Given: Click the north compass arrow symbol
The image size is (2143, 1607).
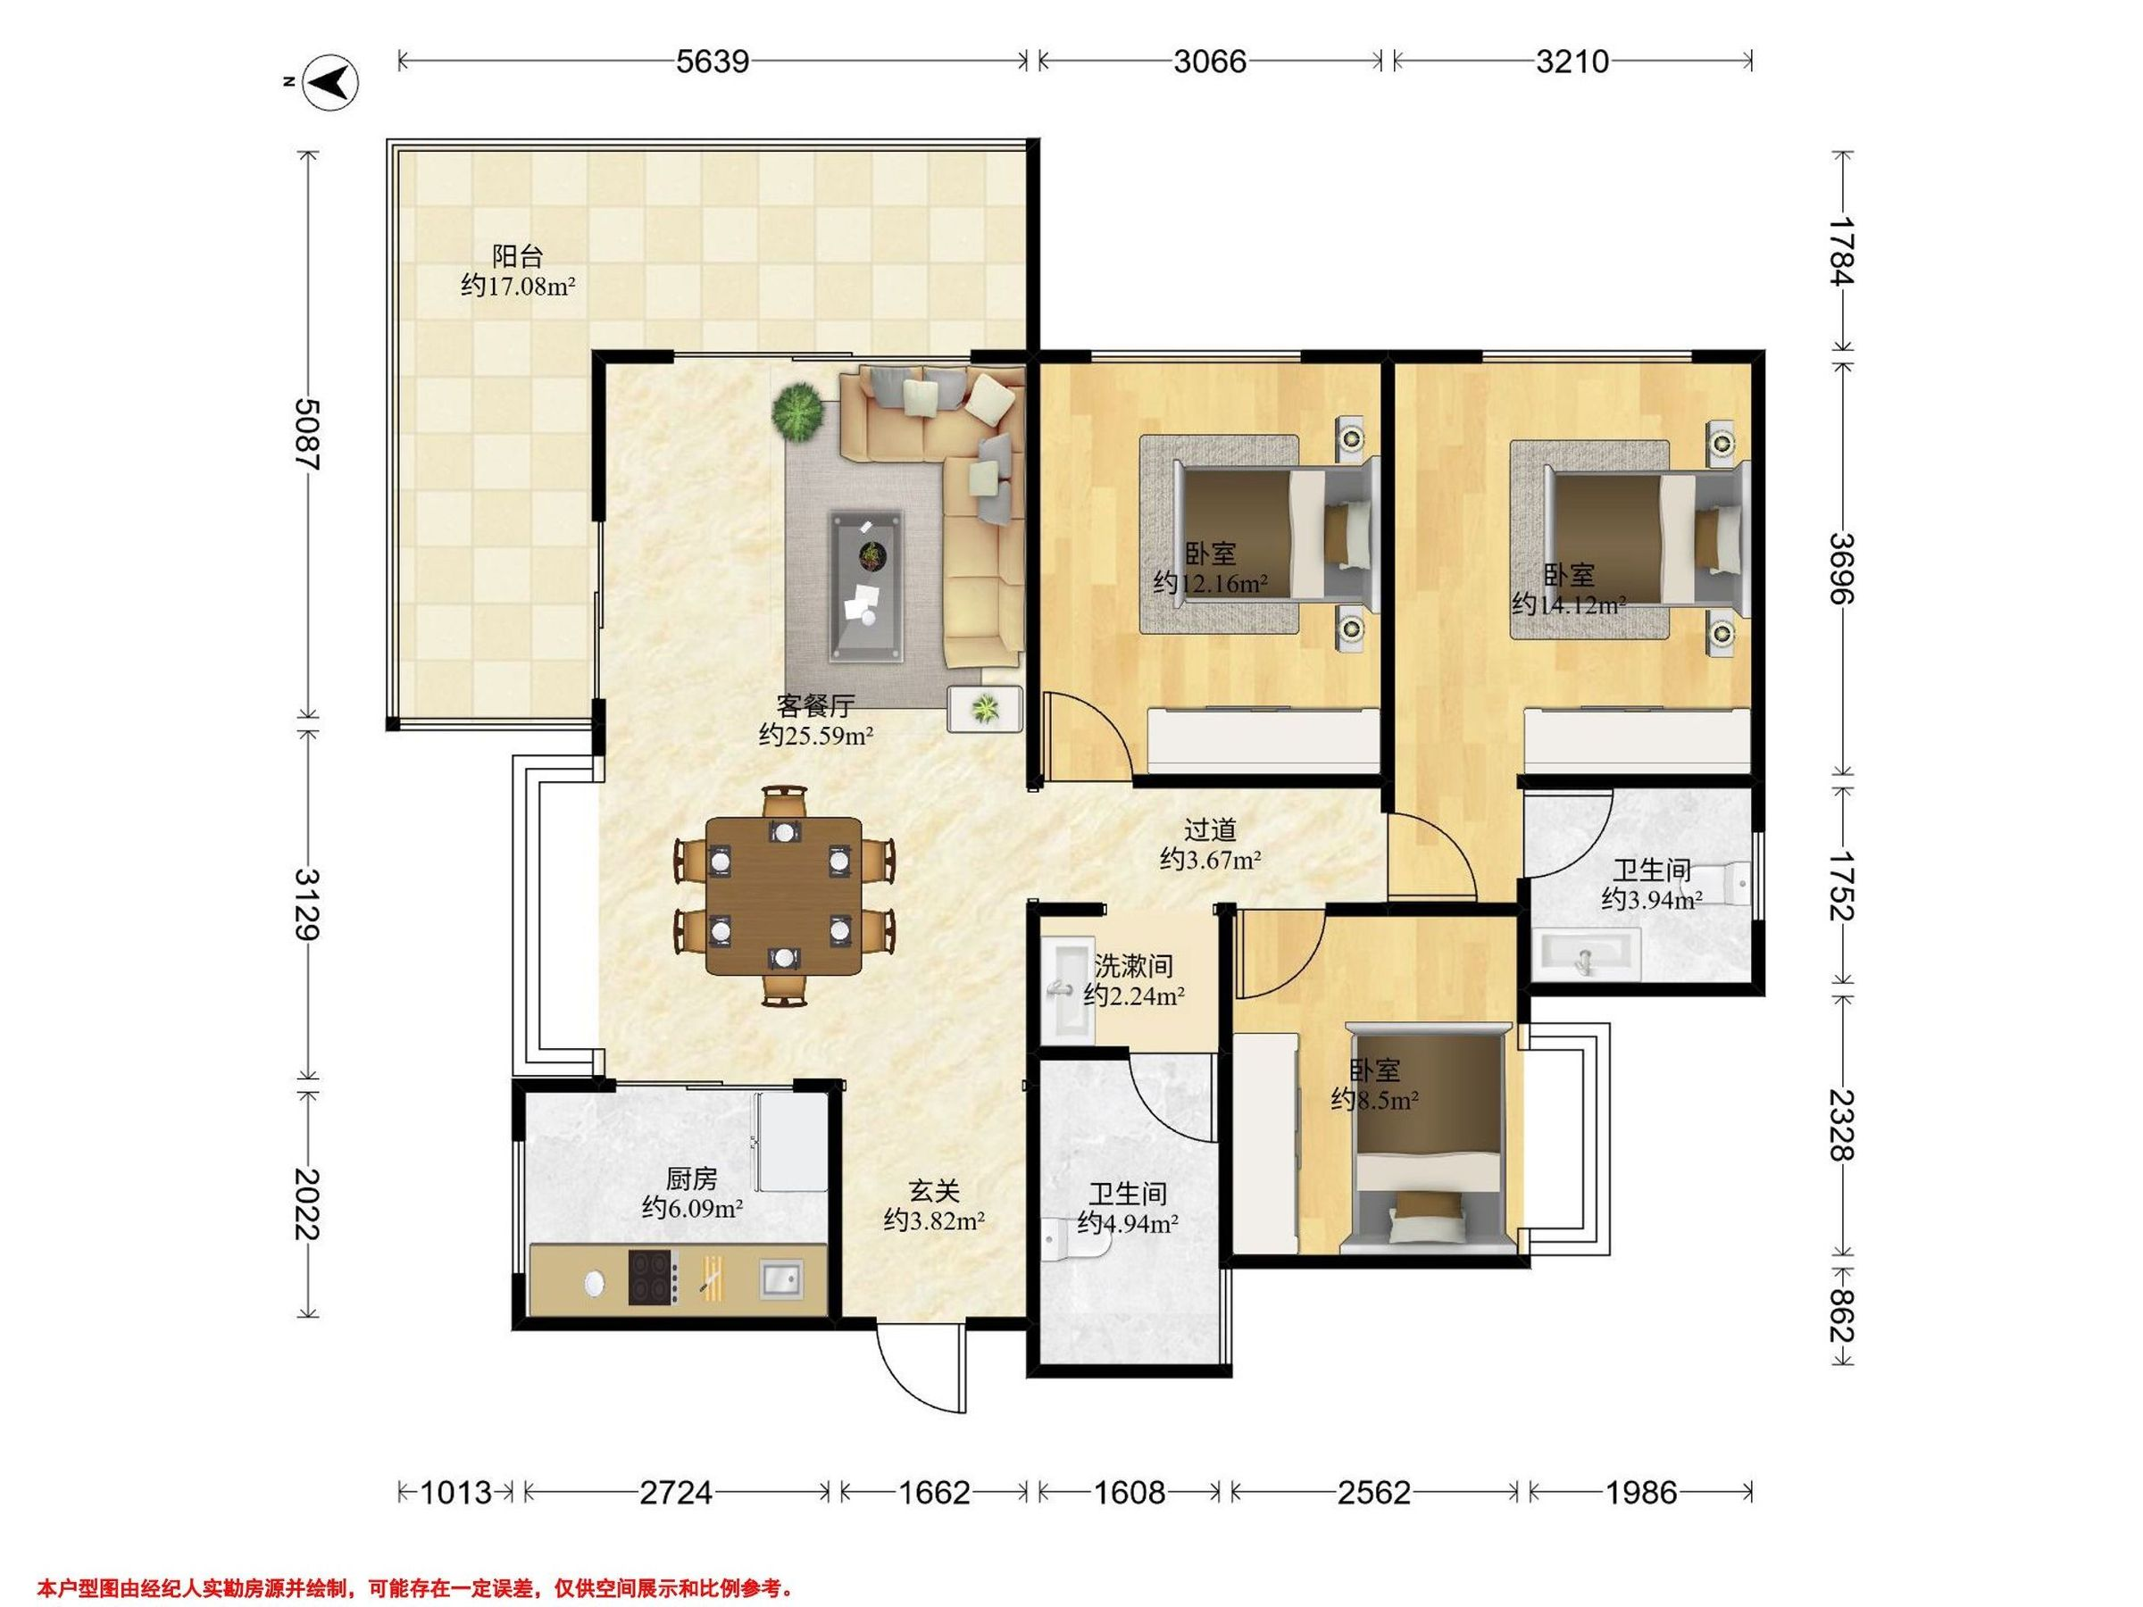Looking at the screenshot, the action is pyautogui.click(x=332, y=81).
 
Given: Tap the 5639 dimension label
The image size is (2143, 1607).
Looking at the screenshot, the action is pyautogui.click(x=712, y=62).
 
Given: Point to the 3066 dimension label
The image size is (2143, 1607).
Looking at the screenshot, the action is pyautogui.click(x=1210, y=62).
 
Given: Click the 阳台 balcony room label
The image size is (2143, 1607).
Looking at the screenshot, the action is pyautogui.click(x=517, y=257).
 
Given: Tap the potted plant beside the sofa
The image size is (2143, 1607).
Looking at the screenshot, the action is pyautogui.click(x=798, y=412).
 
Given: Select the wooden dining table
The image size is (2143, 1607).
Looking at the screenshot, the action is pyautogui.click(x=783, y=895).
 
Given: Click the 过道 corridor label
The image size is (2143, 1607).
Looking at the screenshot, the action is pyautogui.click(x=1210, y=830).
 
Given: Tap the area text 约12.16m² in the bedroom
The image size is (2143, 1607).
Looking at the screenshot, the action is pyautogui.click(x=1211, y=583).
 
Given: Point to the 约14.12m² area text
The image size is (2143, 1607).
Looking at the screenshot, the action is pyautogui.click(x=1569, y=605).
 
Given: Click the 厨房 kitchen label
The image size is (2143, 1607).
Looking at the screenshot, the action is pyautogui.click(x=692, y=1178).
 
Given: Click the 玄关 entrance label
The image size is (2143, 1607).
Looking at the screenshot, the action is pyautogui.click(x=934, y=1190).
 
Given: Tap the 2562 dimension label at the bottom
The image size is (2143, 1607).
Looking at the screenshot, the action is pyautogui.click(x=1374, y=1493).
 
